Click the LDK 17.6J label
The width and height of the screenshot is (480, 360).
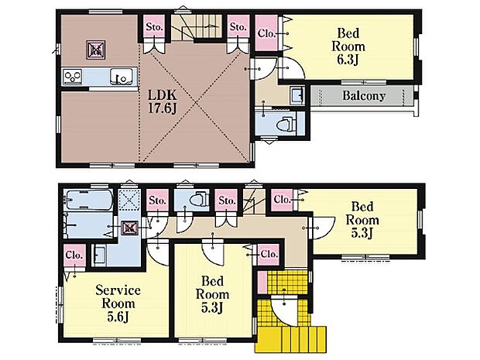point(163,101)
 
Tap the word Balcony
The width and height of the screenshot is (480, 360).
point(364,96)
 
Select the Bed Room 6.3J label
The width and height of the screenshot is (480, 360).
point(348,46)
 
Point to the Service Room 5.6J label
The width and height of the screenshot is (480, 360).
point(118,303)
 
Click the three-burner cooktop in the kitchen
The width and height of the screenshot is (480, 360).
point(72,76)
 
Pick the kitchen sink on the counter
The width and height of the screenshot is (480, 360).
point(122,76)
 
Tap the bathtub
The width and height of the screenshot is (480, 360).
point(88,199)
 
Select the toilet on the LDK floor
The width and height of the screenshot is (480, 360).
point(286,124)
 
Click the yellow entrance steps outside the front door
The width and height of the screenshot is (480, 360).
point(290,338)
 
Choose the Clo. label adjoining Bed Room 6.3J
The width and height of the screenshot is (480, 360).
point(266,33)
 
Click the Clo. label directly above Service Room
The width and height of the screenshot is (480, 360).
point(74,255)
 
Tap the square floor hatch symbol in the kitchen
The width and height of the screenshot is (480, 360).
point(96,50)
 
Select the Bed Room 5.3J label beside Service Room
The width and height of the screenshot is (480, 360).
point(212,294)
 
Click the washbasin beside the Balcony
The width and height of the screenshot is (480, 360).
point(297,95)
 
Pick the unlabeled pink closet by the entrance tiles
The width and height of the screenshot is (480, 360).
point(262,283)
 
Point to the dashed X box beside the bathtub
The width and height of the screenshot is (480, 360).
point(129,199)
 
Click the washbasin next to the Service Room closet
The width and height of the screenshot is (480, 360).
point(100,255)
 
